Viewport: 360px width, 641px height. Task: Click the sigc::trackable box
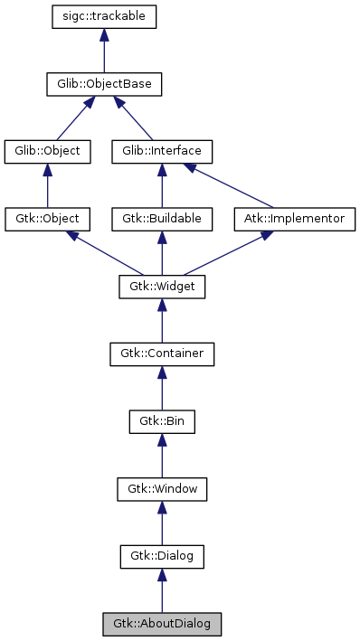tap(105, 17)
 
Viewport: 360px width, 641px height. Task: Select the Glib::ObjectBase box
tap(105, 85)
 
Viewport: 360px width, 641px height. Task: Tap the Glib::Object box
tap(48, 151)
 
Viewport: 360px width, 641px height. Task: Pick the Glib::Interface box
tap(162, 151)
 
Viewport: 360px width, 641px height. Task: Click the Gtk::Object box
tap(48, 219)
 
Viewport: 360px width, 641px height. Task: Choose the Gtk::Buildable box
tap(162, 219)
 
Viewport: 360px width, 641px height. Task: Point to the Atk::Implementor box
tap(295, 219)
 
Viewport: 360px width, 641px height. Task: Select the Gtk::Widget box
tap(162, 287)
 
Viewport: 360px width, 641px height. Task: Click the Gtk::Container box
tap(162, 354)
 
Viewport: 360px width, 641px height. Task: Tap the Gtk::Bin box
tap(162, 421)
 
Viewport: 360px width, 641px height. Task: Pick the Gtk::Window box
tap(162, 489)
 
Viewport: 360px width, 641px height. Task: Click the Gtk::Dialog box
tap(162, 557)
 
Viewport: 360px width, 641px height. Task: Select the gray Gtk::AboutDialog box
tap(162, 624)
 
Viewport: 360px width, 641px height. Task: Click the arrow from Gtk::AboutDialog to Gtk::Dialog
tap(162, 591)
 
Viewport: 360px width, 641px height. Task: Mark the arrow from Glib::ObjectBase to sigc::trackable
tap(105, 52)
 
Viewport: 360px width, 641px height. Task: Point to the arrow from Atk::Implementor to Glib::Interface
tap(231, 186)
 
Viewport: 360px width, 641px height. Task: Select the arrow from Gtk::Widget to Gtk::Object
tap(104, 252)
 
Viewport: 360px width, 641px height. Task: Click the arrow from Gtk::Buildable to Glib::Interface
tap(162, 185)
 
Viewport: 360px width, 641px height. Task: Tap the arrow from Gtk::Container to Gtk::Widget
tap(162, 321)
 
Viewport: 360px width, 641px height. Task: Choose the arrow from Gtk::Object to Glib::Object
tap(48, 185)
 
